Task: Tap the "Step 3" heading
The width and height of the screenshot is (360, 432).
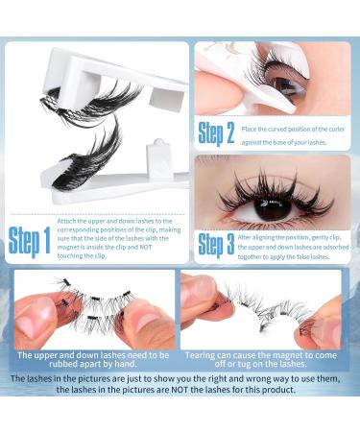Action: (216, 245)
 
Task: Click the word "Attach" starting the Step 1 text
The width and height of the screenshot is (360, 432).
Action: (71, 221)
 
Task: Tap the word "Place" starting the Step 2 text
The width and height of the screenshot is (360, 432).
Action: (252, 129)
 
